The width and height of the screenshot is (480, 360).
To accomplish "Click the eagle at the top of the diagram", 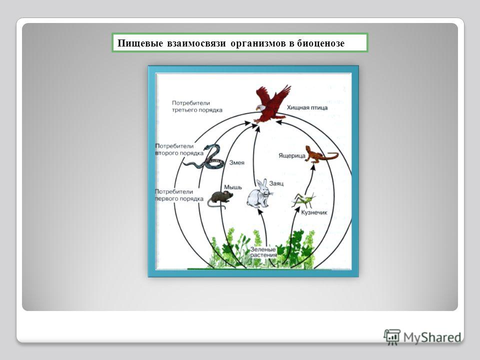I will [x=270, y=104].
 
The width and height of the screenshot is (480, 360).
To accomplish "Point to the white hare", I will [x=259, y=193].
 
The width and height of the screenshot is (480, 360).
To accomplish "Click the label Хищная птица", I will [x=307, y=107].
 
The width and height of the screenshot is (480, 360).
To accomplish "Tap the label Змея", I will [x=236, y=162].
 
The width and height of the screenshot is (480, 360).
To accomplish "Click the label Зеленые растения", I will [x=263, y=251].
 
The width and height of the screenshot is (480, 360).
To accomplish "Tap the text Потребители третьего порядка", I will [x=188, y=105].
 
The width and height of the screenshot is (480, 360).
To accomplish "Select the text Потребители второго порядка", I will [x=178, y=148].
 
